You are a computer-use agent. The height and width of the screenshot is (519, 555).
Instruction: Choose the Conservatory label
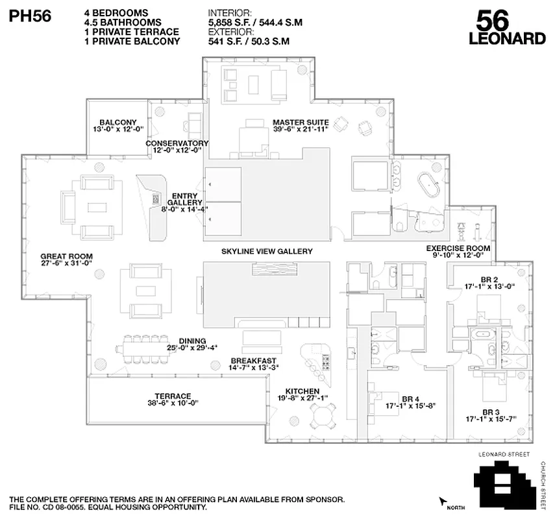(x=177, y=147)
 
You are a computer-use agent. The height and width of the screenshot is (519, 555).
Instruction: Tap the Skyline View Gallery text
(x=267, y=251)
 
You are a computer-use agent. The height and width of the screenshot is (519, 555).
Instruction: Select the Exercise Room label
(x=458, y=252)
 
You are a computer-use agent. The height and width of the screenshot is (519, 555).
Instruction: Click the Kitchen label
(x=302, y=394)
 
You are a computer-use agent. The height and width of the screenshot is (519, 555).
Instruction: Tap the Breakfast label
(x=254, y=365)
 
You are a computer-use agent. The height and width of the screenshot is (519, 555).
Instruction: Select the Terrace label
(x=173, y=400)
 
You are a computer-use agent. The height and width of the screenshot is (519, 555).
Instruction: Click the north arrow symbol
(x=444, y=501)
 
